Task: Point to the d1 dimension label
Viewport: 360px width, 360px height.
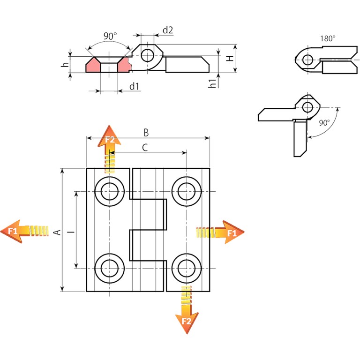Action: coord(135,86)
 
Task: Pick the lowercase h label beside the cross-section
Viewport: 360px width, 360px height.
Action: coord(66,65)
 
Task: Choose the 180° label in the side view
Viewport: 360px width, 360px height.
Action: coord(328,39)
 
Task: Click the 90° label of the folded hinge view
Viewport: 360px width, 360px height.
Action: coord(324,123)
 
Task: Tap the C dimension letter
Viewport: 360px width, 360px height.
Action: coord(144,148)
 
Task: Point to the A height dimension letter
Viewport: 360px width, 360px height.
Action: coord(57,232)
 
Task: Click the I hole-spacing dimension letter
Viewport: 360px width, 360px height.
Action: coord(69,232)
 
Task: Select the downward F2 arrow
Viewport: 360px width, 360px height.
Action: coord(186,309)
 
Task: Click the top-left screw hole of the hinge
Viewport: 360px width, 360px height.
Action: coord(109,191)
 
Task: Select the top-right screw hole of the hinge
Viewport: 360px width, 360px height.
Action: coord(186,191)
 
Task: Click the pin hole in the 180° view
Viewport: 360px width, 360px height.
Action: coord(308,60)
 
